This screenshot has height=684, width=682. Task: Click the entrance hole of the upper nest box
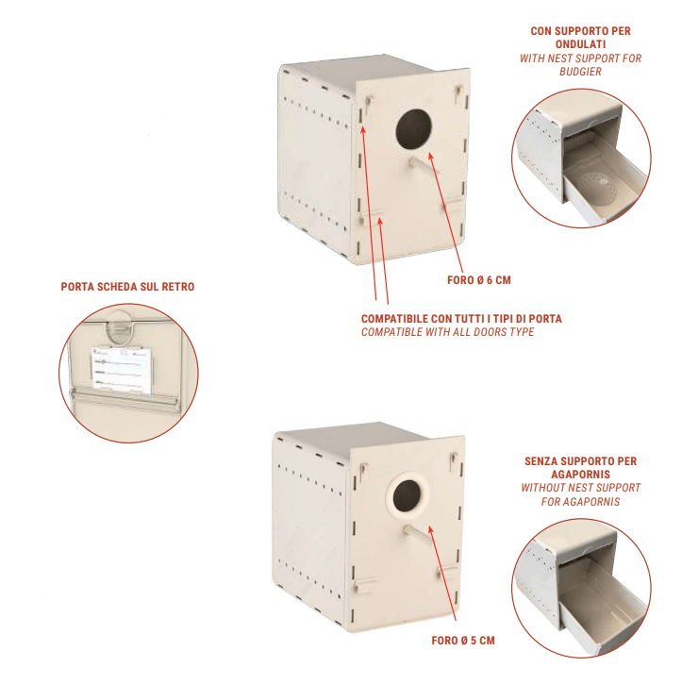click(413, 129)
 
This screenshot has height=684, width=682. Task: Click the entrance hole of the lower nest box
click(407, 495)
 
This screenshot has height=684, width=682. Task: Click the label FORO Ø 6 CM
click(478, 280)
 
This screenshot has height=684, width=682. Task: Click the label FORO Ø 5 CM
click(462, 641)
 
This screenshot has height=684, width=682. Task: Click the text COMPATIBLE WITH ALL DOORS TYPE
click(447, 332)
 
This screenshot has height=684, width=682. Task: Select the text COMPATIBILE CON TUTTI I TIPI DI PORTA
click(461, 319)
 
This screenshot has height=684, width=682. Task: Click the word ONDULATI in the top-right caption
click(580, 44)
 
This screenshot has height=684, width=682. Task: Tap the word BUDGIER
click(580, 72)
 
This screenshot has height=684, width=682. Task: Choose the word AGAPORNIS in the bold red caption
click(580, 474)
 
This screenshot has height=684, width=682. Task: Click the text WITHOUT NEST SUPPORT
click(580, 488)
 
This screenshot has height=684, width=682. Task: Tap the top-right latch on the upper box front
click(458, 92)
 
